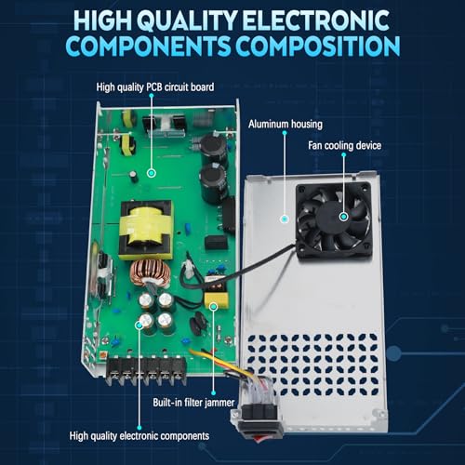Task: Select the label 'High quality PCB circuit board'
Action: click(155, 87)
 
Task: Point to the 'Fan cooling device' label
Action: click(346, 146)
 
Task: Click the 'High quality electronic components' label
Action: click(139, 434)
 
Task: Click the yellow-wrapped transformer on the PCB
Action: click(145, 229)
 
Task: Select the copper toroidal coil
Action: click(149, 273)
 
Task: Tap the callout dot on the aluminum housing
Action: click(283, 218)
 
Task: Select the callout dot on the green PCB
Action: click(150, 173)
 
